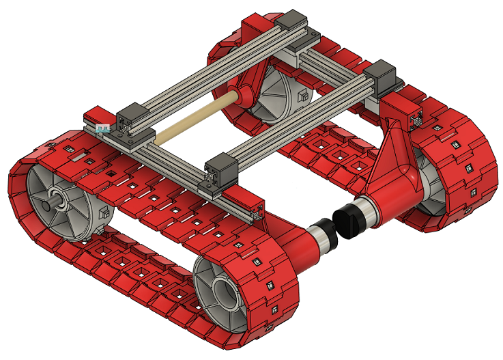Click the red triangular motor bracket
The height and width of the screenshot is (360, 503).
pos(394,151)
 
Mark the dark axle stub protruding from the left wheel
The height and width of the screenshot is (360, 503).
pos(48,204)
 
